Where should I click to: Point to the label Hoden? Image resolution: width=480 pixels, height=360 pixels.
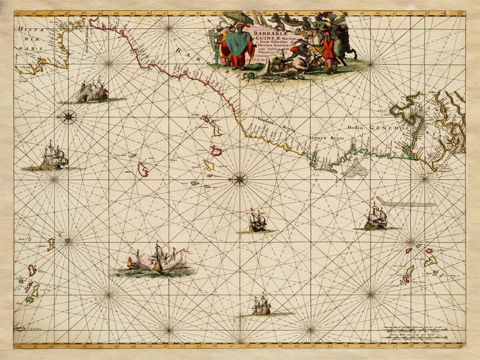355,128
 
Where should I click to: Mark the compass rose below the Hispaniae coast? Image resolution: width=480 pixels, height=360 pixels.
68,117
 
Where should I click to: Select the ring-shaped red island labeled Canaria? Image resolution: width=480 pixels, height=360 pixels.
216,151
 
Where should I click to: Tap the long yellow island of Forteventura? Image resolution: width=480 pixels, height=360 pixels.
216,129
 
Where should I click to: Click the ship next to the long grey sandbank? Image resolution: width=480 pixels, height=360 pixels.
376,218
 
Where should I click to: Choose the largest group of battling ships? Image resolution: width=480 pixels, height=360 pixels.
158,260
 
